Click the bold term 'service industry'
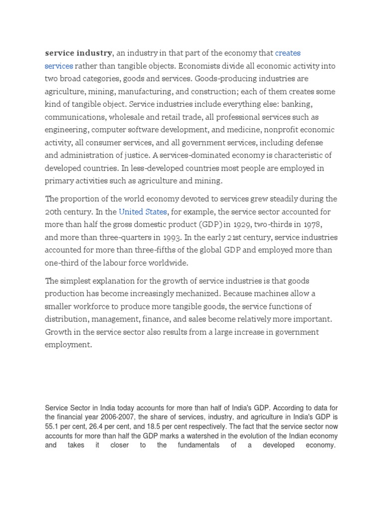click(78, 53)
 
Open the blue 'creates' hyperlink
click(288, 53)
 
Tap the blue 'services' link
click(59, 66)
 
